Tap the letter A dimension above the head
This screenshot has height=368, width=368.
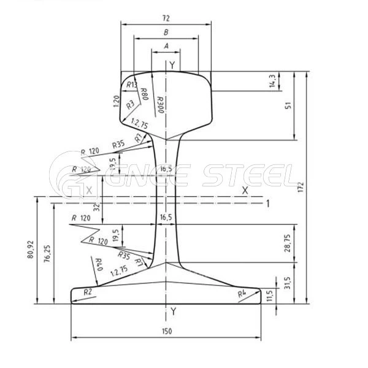[166, 46]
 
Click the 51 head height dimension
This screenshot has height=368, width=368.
[288, 105]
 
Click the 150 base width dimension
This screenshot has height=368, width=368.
[166, 331]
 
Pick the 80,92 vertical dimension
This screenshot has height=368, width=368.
[30, 251]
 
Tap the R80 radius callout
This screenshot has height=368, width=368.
[144, 94]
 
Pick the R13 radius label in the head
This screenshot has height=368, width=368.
[131, 85]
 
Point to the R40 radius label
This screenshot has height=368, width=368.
[98, 265]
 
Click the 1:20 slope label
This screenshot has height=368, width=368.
[117, 101]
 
